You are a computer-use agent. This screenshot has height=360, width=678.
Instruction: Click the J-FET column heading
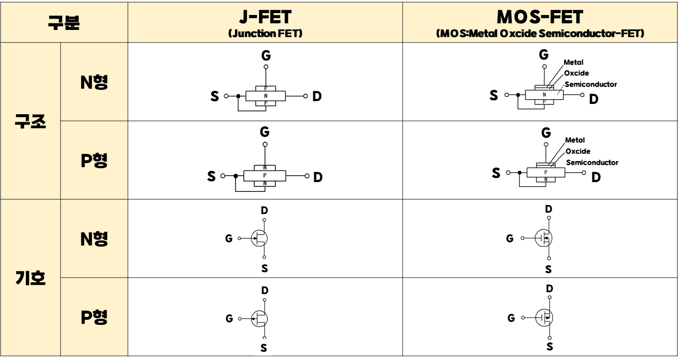point(265,17)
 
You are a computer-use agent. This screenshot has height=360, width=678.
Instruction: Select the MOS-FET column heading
point(540,17)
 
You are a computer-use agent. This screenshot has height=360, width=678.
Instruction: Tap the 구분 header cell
point(64,22)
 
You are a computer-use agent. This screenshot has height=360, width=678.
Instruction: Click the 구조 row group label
point(30,121)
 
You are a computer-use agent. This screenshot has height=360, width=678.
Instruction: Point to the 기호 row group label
point(30,278)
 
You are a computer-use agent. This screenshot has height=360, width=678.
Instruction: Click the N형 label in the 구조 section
point(94,82)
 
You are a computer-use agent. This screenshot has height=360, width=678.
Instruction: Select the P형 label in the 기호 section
point(94,317)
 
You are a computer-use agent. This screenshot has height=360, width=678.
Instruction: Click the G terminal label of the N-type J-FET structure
point(266,56)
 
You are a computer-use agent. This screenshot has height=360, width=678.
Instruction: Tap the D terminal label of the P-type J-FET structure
point(318,177)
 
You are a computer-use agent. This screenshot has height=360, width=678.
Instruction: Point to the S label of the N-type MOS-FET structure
point(494,96)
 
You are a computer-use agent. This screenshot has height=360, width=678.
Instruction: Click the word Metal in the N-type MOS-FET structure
point(574,62)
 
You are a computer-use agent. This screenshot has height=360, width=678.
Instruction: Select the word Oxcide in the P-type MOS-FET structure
point(578,151)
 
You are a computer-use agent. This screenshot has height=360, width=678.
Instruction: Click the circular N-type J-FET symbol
point(259,238)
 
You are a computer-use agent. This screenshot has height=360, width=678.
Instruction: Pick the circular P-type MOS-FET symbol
point(544,318)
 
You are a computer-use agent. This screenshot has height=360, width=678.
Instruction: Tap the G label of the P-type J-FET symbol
point(229,319)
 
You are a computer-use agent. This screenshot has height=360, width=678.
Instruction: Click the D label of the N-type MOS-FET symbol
point(549,209)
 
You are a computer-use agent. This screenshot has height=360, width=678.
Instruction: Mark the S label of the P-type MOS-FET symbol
point(550,347)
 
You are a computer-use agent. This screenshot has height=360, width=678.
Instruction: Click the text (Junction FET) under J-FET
point(265,34)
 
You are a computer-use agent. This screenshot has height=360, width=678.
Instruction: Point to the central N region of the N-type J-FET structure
point(265,96)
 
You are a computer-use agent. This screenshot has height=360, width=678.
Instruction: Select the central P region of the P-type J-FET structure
point(265,176)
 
